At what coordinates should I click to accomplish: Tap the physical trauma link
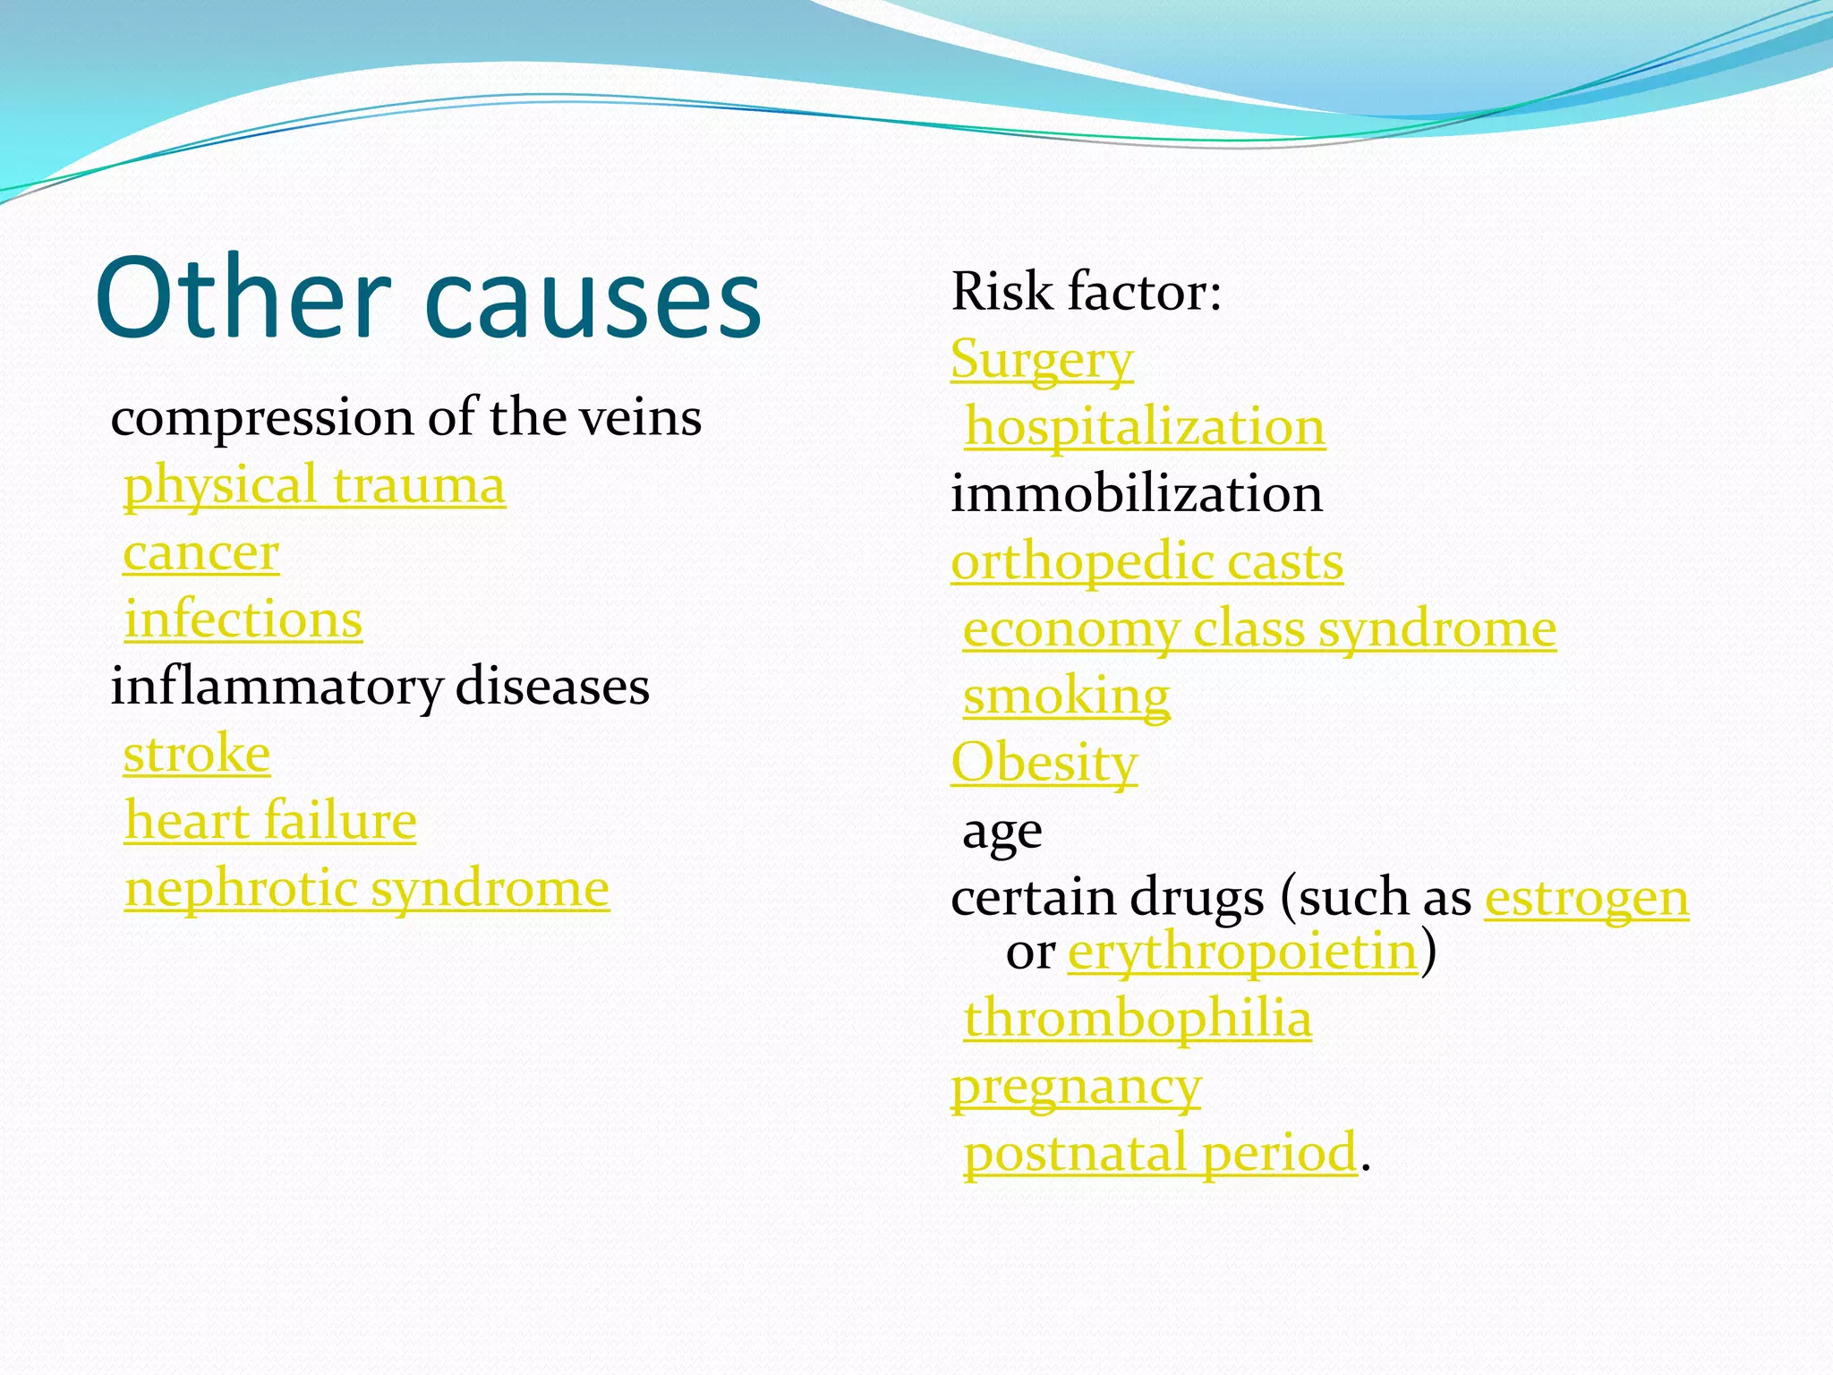coord(314,485)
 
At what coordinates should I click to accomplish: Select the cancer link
coord(201,552)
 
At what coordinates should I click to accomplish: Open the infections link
coord(243,619)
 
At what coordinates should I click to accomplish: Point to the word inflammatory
coord(276,687)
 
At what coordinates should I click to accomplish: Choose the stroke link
coord(197,754)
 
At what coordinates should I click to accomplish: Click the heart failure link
coord(270,821)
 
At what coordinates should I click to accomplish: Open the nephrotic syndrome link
coord(367,889)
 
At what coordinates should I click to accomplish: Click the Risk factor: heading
coord(1086,292)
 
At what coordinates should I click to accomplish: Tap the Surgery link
coord(1042,360)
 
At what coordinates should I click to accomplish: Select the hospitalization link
coord(1144,427)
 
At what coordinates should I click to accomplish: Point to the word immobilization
coord(1136,494)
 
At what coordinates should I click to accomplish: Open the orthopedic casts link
coord(1147,562)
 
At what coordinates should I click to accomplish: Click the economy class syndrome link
coord(1259,629)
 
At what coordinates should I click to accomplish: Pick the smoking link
coord(1066,696)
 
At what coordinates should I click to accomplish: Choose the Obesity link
coord(1044,764)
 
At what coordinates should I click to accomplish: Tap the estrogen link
coord(1587,898)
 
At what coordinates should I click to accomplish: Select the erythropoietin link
coord(1242,951)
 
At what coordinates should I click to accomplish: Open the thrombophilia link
coord(1138,1019)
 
